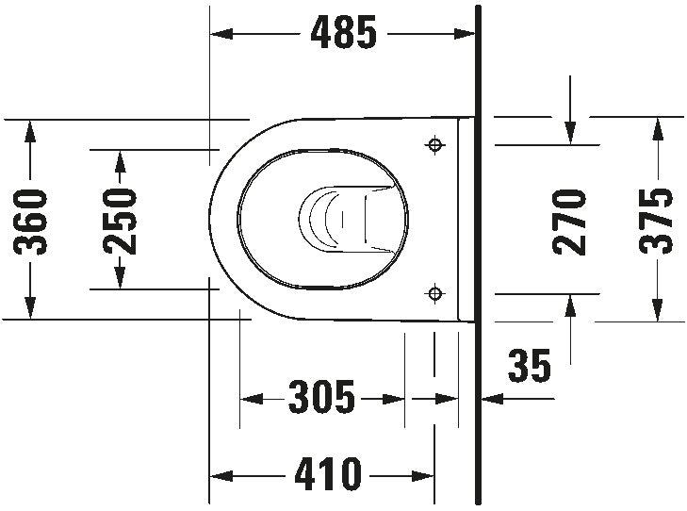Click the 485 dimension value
(x=344, y=34)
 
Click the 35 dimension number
(x=530, y=366)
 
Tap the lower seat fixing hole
(x=434, y=293)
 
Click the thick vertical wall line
(x=480, y=255)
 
